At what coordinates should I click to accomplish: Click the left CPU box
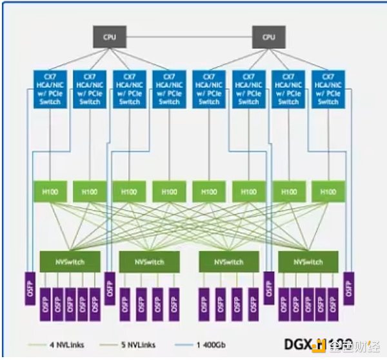[x=110, y=37]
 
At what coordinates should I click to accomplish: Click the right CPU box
[x=268, y=37]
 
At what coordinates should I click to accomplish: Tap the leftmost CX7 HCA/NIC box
[x=50, y=89]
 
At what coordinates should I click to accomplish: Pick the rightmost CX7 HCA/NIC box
[x=328, y=89]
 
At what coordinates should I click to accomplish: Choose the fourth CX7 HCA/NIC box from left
[x=169, y=89]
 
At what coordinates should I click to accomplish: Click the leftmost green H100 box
[x=50, y=191]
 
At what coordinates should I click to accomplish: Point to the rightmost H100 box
[x=328, y=191]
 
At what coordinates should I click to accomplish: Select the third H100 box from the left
[x=130, y=191]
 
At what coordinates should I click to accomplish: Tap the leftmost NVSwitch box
[x=70, y=262]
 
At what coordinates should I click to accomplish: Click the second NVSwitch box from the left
[x=150, y=262]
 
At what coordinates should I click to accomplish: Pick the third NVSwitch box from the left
[x=229, y=262]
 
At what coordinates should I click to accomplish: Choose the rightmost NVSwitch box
[x=308, y=262]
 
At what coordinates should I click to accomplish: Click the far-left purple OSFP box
[x=30, y=288]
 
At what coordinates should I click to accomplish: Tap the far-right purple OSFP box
[x=348, y=288]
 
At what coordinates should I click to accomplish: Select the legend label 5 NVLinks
[x=139, y=345]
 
